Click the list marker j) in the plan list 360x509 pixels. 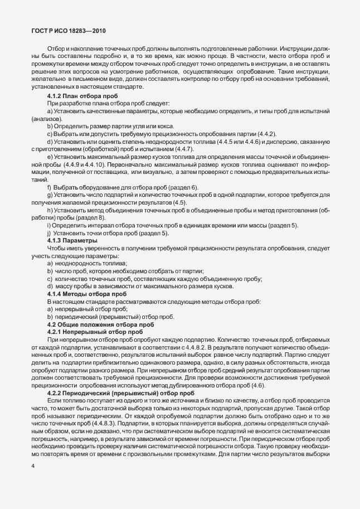[49, 232]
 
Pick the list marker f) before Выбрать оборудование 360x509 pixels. [49, 187]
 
